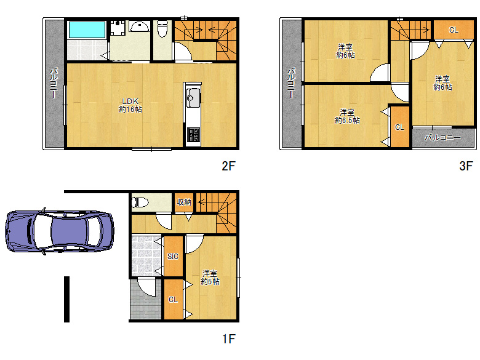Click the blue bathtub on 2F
(87, 30)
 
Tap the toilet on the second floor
(162, 28)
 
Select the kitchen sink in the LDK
(193, 98)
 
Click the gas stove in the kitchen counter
(193, 135)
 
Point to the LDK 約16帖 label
(130, 105)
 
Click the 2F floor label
(228, 166)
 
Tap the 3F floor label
(466, 166)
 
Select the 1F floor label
(228, 339)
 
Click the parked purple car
(60, 231)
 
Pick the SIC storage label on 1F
(173, 257)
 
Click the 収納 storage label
(184, 202)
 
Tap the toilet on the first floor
(140, 202)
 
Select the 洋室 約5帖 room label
(210, 278)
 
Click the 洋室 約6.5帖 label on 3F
(347, 116)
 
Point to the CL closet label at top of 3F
(454, 30)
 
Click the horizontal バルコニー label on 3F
(442, 138)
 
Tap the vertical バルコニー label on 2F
(54, 83)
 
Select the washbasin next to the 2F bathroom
(140, 26)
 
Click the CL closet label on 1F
(173, 300)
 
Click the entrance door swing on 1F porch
(147, 289)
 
